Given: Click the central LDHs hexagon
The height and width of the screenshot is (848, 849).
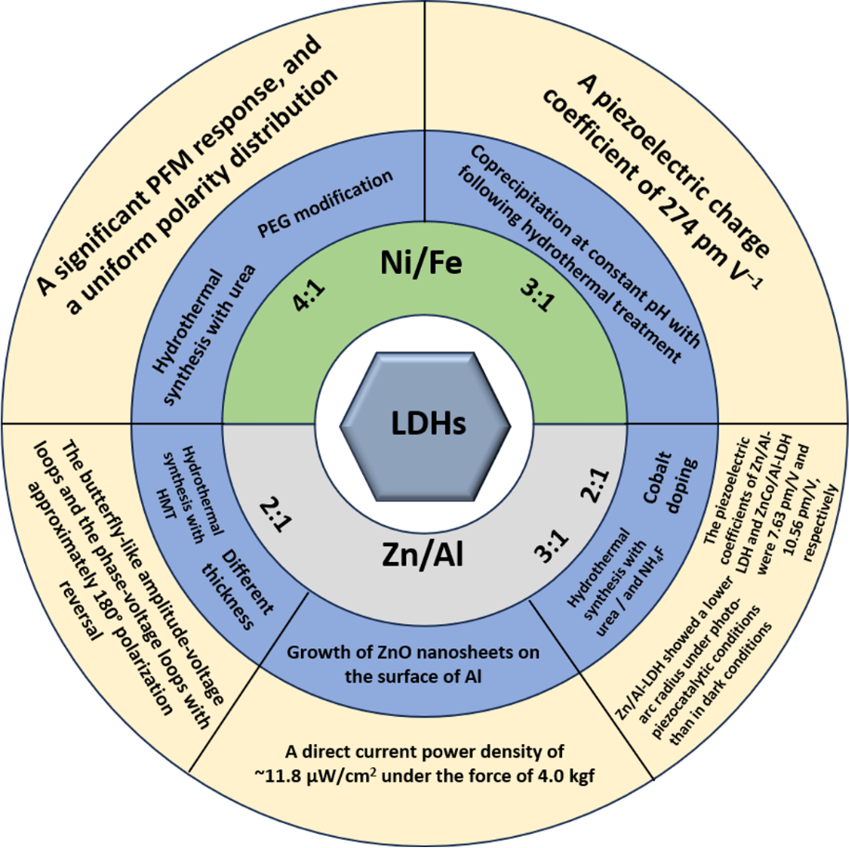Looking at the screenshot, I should (x=424, y=424).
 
